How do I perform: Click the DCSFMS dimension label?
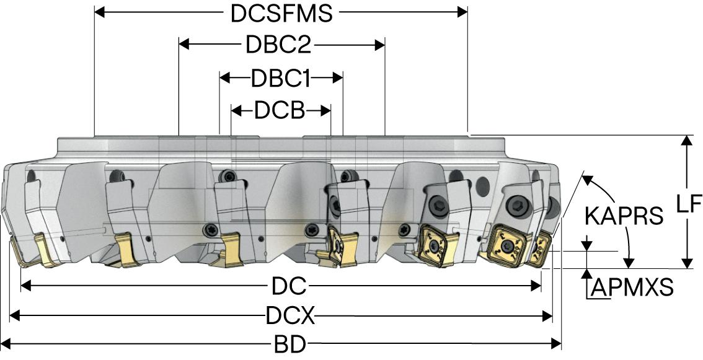[x=281, y=14]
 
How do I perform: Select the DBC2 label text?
[x=278, y=45]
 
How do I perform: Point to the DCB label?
[x=280, y=112]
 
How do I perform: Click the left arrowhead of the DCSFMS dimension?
[x=100, y=12]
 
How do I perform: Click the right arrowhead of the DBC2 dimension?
[x=380, y=45]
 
